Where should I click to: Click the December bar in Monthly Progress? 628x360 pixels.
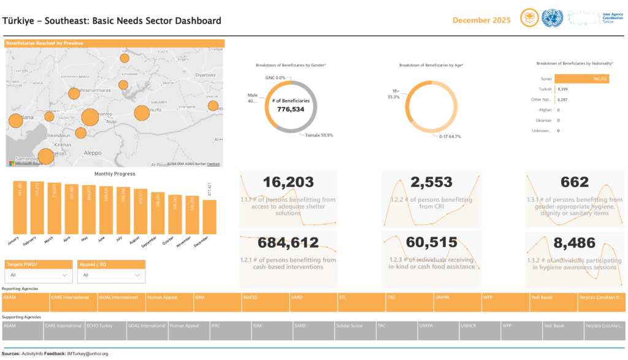209,216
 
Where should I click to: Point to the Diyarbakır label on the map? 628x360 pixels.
205,75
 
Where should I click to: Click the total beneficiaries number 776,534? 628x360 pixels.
291,109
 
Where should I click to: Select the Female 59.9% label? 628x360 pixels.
319,135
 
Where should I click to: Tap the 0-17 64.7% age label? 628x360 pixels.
450,136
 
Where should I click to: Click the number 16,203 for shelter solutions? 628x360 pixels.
288,182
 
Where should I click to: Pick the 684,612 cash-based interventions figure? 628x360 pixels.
288,243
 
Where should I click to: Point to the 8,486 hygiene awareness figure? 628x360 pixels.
574,243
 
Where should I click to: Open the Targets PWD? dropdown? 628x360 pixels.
38,275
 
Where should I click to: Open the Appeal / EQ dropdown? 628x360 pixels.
111,275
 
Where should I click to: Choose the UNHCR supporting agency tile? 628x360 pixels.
479,331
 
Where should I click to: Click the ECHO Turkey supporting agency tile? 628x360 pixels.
105,331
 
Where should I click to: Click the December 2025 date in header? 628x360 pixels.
481,20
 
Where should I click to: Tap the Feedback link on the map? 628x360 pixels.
213,164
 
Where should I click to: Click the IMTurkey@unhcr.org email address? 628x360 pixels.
88,354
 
